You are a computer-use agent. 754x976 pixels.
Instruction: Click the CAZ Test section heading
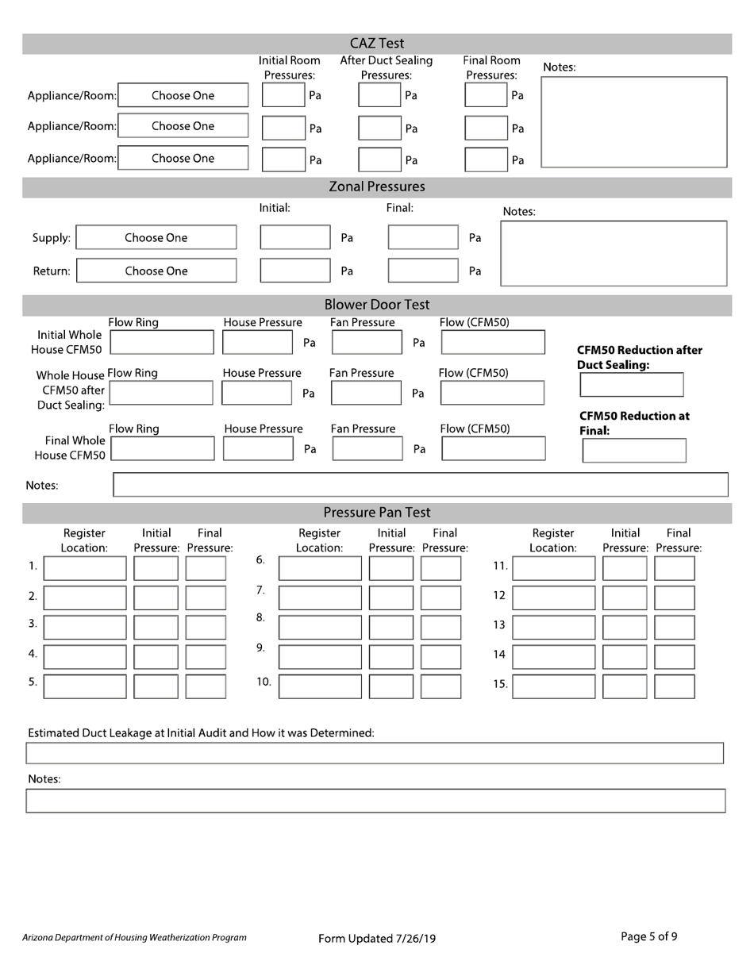point(377,43)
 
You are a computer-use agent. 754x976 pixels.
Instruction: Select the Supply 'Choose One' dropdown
point(156,238)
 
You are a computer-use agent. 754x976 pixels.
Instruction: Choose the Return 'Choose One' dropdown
point(156,271)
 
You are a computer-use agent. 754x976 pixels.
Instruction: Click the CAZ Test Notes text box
point(633,121)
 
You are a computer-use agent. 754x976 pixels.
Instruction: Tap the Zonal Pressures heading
point(377,187)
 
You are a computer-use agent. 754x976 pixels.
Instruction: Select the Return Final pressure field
point(422,271)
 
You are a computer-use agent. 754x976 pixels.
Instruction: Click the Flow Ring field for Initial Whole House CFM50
point(162,342)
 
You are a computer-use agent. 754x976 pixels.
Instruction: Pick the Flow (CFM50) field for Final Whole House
point(493,448)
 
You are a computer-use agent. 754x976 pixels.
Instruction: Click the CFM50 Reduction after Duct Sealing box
point(631,385)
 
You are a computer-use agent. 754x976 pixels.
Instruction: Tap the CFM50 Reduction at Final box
point(633,450)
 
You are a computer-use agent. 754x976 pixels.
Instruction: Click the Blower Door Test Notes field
point(421,484)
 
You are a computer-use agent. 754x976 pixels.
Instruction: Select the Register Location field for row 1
point(84,568)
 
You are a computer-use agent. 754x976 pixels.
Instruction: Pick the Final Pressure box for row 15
point(675,686)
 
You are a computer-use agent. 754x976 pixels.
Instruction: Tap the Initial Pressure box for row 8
point(391,627)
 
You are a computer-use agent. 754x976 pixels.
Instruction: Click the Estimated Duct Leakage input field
point(375,752)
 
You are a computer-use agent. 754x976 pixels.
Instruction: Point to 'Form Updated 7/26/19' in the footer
point(377,939)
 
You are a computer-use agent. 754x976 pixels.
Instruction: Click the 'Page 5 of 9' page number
point(648,936)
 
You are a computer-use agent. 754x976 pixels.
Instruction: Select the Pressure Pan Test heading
point(377,513)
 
